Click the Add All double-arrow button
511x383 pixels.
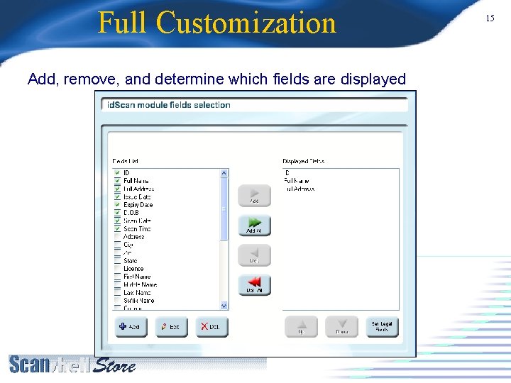(254, 225)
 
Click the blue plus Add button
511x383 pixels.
(131, 326)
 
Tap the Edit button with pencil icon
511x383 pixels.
(171, 326)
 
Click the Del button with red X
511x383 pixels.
(211, 326)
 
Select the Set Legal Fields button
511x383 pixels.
(382, 326)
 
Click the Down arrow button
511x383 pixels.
(341, 326)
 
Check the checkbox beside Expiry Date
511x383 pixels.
(118, 205)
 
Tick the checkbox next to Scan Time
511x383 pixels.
(118, 229)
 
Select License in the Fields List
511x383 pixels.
(133, 269)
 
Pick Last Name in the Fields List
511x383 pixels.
(137, 292)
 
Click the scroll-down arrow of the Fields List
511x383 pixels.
(224, 306)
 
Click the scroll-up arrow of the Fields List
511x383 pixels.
(224, 173)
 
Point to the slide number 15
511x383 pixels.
(490, 18)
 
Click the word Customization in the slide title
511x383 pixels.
(246, 23)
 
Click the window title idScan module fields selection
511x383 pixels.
(168, 105)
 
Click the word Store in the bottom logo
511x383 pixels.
(115, 366)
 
